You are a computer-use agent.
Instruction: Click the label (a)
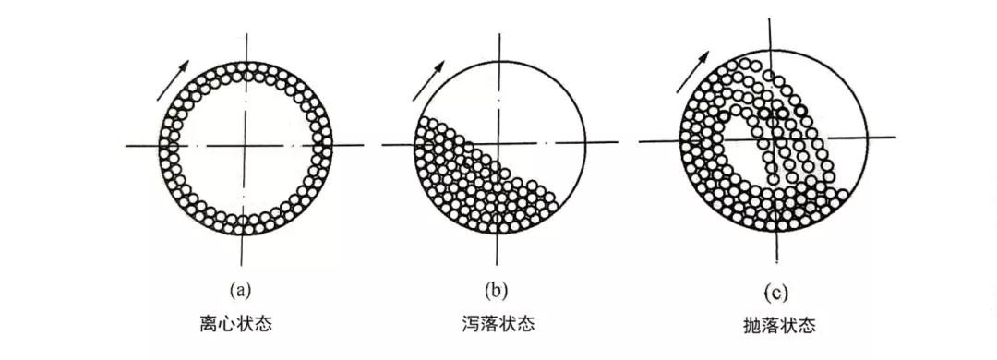click(x=242, y=292)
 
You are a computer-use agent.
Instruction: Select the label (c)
click(x=775, y=294)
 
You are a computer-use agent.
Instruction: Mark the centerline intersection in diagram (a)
click(x=244, y=146)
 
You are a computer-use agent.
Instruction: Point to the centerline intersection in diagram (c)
click(x=776, y=139)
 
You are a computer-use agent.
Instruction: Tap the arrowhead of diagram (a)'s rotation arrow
click(x=186, y=64)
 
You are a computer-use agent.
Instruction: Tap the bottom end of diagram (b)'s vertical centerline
click(x=499, y=261)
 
